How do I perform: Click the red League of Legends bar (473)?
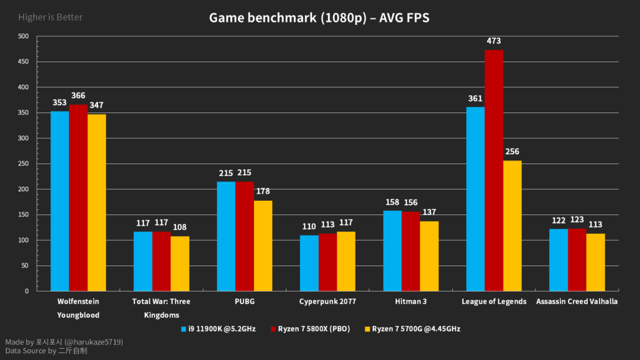pyautogui.click(x=494, y=170)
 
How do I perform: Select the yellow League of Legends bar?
pyautogui.click(x=513, y=225)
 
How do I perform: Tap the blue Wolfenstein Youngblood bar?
pyautogui.click(x=60, y=201)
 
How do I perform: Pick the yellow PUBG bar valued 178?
pyautogui.click(x=263, y=246)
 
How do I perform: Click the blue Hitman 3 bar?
pyautogui.click(x=392, y=251)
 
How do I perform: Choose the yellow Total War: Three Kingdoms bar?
pyautogui.click(x=180, y=264)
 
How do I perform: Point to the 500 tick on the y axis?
pyautogui.click(x=23, y=37)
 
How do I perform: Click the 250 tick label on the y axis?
pyautogui.click(x=23, y=164)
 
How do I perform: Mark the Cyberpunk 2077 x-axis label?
pyautogui.click(x=328, y=302)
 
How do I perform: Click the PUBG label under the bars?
pyautogui.click(x=245, y=302)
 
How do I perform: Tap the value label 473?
pyautogui.click(x=494, y=41)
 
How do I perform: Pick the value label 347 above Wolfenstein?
pyautogui.click(x=97, y=106)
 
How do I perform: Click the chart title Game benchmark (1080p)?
pyautogui.click(x=319, y=18)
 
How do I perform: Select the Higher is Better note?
pyautogui.click(x=50, y=17)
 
